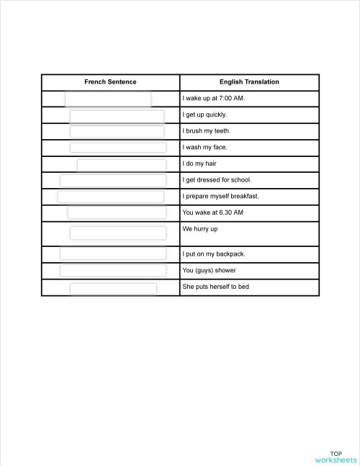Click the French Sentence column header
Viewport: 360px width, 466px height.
click(x=110, y=82)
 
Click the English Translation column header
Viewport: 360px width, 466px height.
click(x=249, y=82)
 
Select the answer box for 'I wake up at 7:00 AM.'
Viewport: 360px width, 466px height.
click(x=108, y=99)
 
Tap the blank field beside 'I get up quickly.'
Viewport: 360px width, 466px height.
click(x=117, y=115)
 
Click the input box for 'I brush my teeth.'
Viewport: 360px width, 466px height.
click(x=117, y=131)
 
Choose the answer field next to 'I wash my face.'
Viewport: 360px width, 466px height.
click(x=117, y=148)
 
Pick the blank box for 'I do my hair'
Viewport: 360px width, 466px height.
click(x=121, y=164)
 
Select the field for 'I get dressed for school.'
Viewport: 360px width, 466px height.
click(x=112, y=180)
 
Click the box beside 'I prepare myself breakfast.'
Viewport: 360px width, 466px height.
click(x=111, y=197)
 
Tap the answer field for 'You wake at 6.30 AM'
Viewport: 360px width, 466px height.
click(x=117, y=212)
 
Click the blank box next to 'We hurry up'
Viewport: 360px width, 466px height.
click(x=117, y=233)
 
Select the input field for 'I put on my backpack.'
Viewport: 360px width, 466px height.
click(x=112, y=254)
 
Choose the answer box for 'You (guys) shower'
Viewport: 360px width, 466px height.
click(x=112, y=270)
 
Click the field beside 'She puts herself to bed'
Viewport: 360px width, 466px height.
click(x=113, y=288)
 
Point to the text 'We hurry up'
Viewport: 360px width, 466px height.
click(x=200, y=229)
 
